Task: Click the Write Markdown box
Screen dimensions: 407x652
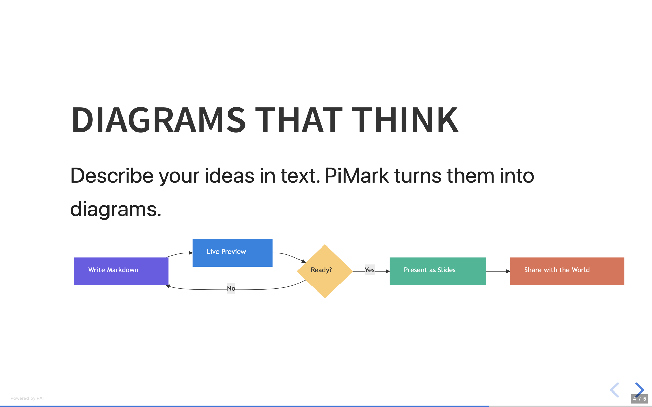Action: tap(121, 271)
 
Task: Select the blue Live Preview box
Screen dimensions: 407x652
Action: tap(232, 253)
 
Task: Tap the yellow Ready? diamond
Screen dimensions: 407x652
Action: tap(325, 271)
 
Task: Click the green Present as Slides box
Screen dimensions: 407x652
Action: tap(438, 271)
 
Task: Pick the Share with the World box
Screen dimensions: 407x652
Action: tap(567, 271)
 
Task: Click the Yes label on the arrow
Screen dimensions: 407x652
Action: tap(369, 270)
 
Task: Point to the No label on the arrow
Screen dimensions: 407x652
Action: tap(231, 288)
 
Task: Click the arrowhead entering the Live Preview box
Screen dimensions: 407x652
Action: tap(191, 253)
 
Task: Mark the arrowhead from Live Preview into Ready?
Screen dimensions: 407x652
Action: tap(303, 261)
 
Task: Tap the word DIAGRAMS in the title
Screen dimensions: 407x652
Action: tap(158, 120)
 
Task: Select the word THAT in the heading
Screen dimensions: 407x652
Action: tap(298, 120)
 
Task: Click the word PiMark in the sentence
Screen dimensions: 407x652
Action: tap(357, 176)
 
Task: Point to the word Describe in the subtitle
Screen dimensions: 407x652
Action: tap(112, 176)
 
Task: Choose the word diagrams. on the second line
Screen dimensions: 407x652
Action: tap(116, 209)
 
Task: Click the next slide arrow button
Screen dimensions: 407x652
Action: tap(639, 389)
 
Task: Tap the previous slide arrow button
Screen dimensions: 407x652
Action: tap(615, 390)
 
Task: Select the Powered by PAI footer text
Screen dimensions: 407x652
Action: tap(27, 398)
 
